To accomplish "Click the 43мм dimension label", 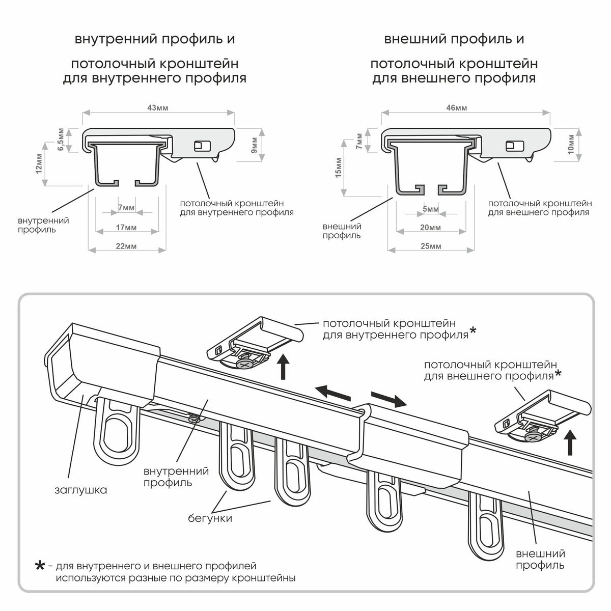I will [158, 108].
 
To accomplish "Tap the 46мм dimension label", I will [457, 108].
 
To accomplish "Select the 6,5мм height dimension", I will [61, 141].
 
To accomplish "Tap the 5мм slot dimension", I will [430, 209].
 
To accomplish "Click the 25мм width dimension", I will [431, 246].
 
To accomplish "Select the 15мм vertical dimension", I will [338, 168].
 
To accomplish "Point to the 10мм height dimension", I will [570, 144].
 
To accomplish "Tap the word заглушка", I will [81, 490].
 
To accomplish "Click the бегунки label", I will [210, 518].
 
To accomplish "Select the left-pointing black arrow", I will [334, 394].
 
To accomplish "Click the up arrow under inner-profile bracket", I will [284, 368].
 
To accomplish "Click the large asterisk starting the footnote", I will [40, 567].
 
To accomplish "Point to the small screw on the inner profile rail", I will [193, 419].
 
